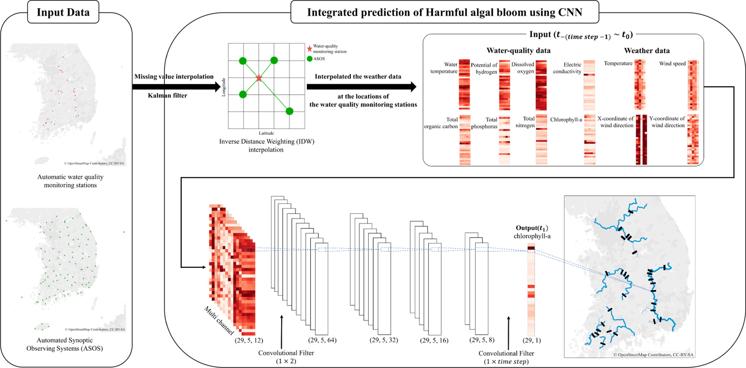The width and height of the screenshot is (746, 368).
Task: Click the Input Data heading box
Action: click(63, 12)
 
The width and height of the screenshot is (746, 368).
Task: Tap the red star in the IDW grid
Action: click(259, 78)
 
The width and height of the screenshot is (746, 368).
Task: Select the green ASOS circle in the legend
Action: click(309, 59)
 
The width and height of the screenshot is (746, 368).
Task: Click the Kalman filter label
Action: click(168, 96)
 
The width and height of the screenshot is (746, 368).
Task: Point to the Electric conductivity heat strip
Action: click(589, 85)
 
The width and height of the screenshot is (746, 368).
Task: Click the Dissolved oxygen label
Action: click(523, 68)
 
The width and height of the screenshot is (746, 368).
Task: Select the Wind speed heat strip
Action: click(693, 85)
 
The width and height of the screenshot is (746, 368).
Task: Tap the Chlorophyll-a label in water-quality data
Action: click(566, 120)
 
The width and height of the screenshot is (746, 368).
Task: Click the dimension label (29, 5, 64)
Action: click(322, 340)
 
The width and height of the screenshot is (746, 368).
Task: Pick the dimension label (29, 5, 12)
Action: click(249, 340)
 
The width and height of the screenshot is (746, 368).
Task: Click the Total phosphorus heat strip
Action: click(504, 140)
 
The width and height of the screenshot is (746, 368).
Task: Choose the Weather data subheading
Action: click(646, 51)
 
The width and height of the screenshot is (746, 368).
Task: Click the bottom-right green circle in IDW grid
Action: click(289, 111)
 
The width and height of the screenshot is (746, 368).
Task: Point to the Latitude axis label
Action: click(266, 133)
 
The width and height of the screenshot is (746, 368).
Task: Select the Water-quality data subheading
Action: click(518, 51)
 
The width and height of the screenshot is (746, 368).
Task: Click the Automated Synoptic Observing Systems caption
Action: click(65, 344)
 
